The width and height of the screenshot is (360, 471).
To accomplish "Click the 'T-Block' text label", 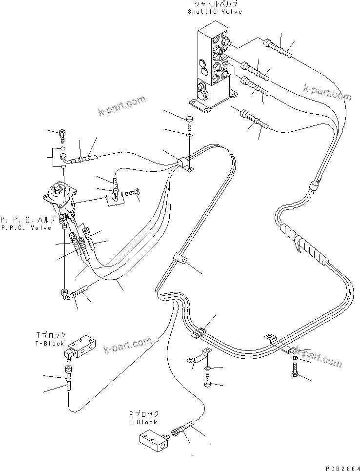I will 50,343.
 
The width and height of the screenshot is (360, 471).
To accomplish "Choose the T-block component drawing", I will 82,347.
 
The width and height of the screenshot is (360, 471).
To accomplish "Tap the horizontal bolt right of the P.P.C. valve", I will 131,194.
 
